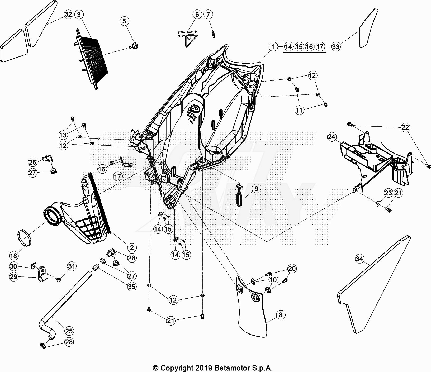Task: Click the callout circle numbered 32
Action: coord(68,14)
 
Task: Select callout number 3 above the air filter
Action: coord(79,15)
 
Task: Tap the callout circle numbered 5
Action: coord(125,21)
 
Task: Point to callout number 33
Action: coord(336,47)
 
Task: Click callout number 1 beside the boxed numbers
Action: coord(273,47)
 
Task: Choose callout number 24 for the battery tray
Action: coord(332,137)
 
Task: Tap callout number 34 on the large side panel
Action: coord(359,259)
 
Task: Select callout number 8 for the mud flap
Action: coord(281,315)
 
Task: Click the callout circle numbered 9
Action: coord(256,188)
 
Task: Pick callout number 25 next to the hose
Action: coord(69,331)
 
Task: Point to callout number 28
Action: coord(69,342)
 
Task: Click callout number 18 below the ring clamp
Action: coord(13,255)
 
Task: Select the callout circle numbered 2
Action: coord(132,247)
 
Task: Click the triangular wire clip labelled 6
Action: coord(188,37)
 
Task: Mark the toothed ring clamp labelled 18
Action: coord(25,237)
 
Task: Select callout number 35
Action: coord(132,287)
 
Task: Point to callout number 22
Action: coord(405,127)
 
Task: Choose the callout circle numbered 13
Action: coord(63,135)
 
